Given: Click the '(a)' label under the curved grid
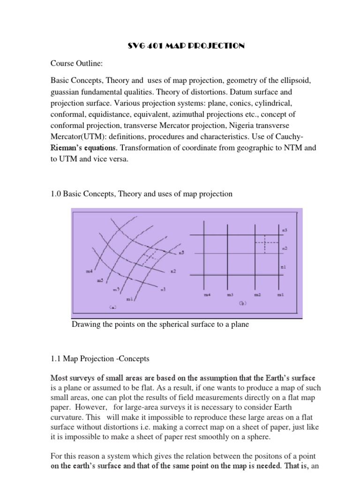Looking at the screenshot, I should (112, 307).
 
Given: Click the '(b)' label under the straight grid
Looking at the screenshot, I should (242, 303).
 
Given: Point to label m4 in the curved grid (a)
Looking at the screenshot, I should (89, 271).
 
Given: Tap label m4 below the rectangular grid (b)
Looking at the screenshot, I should (207, 295).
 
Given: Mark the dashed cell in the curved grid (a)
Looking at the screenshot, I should (150, 257).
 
